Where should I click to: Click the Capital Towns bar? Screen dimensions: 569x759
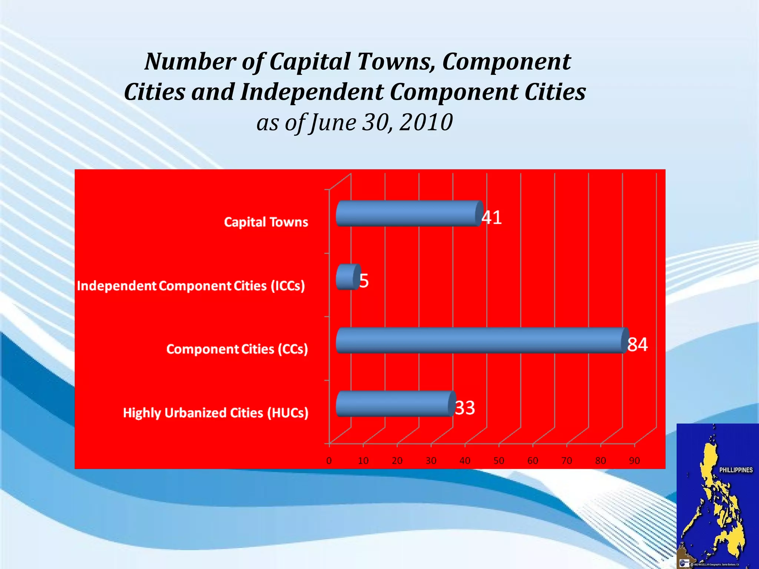pos(408,214)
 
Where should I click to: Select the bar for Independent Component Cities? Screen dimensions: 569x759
pos(348,277)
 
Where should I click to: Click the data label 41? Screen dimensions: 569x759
pos(492,217)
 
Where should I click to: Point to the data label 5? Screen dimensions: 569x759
pos(364,281)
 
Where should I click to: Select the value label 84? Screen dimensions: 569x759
pos(637,345)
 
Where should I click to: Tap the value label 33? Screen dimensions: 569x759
pos(465,408)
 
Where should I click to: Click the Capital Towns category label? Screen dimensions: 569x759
pos(266,222)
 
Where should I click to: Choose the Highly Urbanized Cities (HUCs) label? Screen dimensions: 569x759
pos(216,413)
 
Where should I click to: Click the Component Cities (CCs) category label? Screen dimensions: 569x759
pos(237,349)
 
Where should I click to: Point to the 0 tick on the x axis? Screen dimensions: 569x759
pos(329,461)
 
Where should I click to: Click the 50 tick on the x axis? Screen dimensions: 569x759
pos(499,461)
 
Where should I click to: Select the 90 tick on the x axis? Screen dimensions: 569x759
pos(634,461)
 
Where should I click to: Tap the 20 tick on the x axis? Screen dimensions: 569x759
pos(397,461)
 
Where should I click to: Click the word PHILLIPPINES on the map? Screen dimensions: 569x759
pos(736,470)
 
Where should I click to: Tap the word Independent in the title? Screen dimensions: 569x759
pos(312,92)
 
